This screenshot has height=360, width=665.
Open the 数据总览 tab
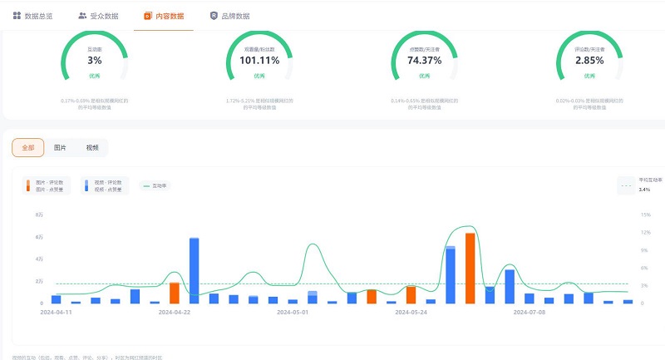(x=33, y=16)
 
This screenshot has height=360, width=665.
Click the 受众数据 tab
(x=98, y=16)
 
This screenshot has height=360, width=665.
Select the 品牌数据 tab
(x=229, y=16)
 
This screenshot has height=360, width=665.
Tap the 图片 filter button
(x=60, y=147)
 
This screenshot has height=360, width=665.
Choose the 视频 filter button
(x=91, y=147)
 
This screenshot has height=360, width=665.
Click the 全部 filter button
(x=28, y=147)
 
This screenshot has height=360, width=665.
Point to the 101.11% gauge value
(x=259, y=61)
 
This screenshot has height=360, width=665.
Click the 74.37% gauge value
(x=425, y=61)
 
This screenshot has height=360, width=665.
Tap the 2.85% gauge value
(x=589, y=61)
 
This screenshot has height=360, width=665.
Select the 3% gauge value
(x=95, y=61)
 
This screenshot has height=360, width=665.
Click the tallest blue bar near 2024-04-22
(x=194, y=270)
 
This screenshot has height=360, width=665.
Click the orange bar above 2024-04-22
(x=175, y=293)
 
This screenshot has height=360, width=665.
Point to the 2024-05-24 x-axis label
(x=411, y=313)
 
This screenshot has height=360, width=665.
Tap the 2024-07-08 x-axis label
(x=530, y=313)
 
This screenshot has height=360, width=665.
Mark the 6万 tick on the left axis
(x=40, y=237)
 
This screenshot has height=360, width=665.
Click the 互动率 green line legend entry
(x=153, y=185)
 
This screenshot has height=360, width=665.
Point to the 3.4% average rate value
(x=644, y=190)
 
